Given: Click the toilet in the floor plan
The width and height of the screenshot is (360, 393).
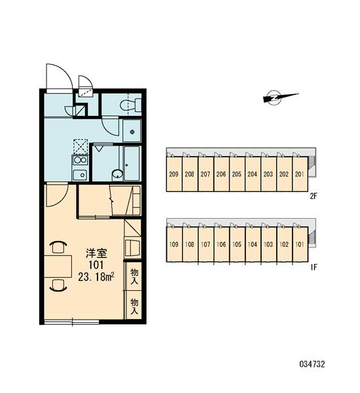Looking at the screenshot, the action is click(130, 105).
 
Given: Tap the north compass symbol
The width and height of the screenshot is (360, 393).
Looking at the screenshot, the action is click(279, 97).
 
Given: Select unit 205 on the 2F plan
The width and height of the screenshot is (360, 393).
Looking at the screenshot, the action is click(237, 174).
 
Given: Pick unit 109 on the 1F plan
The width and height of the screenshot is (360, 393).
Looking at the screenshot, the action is click(174, 244).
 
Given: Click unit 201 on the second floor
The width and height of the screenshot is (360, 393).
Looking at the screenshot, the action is click(300, 174).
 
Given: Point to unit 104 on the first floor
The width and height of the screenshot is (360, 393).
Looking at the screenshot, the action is click(253, 244).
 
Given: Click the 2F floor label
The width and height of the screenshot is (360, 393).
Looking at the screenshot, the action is click(314, 196).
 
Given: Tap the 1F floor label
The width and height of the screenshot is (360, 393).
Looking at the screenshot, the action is click(314, 267).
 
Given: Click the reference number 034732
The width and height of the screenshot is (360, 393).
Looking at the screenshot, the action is click(312, 364).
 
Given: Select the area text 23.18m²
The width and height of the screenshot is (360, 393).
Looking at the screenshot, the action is click(96, 277).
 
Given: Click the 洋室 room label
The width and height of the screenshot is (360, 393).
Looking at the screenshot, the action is click(96, 253).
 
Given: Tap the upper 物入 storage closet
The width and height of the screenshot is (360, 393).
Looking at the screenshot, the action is click(134, 276).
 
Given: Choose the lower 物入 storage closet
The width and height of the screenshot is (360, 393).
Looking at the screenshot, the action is click(134, 305).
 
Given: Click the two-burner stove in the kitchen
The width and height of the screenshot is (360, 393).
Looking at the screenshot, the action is click(80, 160).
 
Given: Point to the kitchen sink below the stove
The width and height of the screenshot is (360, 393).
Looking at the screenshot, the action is click(80, 175).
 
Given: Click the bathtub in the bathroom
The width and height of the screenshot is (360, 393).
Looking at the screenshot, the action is click(132, 163).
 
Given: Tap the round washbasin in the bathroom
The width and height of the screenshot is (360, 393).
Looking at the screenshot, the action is click(117, 174).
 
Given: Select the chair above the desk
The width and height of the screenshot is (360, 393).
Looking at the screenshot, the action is click(58, 246).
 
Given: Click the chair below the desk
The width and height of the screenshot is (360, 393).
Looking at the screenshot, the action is click(58, 285).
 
